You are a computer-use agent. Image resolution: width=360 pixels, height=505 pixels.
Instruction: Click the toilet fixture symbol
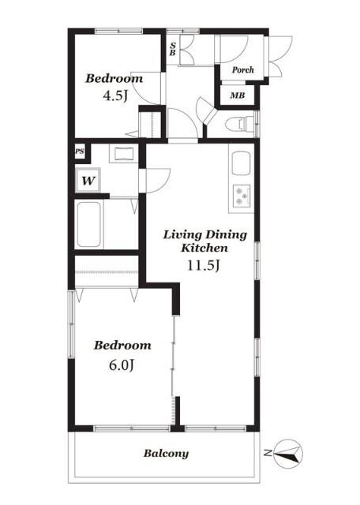tap(241, 124)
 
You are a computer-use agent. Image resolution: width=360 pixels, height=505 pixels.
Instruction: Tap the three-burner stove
tap(242, 196)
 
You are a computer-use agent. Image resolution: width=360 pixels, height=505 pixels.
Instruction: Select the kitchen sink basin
tap(241, 163)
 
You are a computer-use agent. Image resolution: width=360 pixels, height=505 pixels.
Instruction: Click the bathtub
tap(88, 224)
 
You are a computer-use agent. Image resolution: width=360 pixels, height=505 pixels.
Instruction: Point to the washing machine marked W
tap(88, 180)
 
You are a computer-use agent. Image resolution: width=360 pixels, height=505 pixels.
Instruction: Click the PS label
tap(80, 151)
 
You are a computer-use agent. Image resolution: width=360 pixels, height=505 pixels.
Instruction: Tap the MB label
tap(237, 95)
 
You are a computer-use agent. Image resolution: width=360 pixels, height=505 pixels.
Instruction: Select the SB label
tap(173, 49)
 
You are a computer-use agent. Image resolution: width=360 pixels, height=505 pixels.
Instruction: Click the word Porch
tap(243, 69)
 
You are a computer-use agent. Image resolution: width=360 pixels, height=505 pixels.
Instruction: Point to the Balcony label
tap(166, 454)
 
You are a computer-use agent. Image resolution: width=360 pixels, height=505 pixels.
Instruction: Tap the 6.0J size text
tap(121, 365)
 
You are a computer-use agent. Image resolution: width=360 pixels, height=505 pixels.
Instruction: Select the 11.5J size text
tap(204, 265)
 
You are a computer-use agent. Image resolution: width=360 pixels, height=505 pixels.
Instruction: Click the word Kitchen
tap(204, 248)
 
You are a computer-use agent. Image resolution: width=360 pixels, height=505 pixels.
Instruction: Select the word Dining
tap(227, 235)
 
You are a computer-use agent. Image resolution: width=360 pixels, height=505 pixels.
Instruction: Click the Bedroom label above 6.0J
tap(122, 346)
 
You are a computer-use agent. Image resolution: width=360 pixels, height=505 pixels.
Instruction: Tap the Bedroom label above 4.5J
tap(114, 79)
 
